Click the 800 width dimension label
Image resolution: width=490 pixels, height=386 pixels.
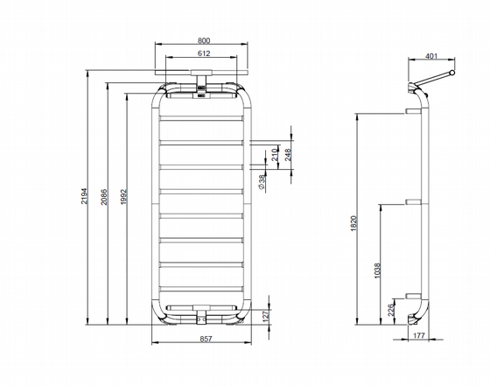(204, 40)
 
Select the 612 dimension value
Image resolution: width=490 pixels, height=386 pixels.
(204, 53)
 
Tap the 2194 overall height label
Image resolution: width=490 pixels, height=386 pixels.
(85, 196)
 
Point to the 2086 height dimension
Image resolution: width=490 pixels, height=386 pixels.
(104, 197)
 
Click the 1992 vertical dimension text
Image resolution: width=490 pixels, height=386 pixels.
(123, 197)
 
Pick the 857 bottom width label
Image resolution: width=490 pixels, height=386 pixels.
(206, 339)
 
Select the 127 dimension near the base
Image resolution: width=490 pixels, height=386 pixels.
(266, 316)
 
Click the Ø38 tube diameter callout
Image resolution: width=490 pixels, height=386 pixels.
(262, 182)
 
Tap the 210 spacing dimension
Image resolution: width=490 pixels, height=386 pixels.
(275, 155)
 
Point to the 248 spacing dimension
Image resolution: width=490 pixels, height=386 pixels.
(288, 155)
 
